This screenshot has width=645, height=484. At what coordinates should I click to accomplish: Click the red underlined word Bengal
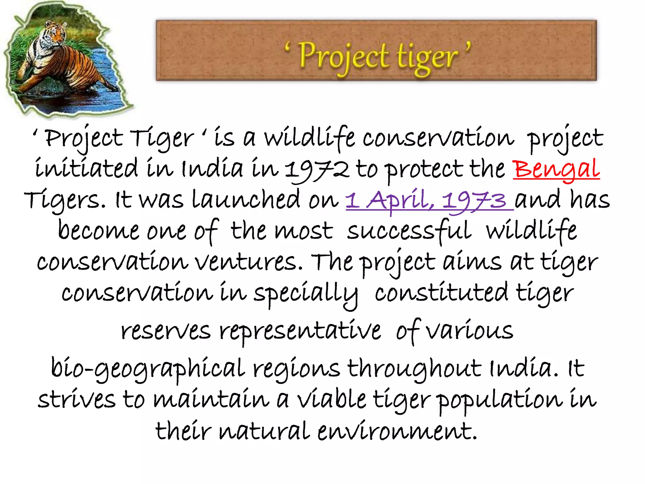[556, 169]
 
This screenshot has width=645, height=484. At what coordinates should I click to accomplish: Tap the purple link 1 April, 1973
[429, 200]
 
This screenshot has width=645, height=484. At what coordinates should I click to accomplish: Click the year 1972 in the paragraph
[317, 170]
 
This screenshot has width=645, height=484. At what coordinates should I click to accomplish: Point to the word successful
[409, 231]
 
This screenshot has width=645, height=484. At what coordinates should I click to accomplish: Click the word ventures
[246, 262]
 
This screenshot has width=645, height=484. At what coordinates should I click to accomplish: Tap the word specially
[305, 293]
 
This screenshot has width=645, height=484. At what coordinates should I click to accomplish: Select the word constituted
[441, 293]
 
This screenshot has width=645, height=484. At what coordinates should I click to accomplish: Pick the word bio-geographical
[148, 368]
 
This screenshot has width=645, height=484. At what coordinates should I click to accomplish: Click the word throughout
[414, 368]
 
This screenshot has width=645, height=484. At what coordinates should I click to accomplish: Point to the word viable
[332, 399]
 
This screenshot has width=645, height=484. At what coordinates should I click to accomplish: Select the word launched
[246, 200]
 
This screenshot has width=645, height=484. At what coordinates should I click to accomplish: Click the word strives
[77, 399]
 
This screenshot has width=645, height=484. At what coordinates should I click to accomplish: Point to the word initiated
[86, 169]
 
